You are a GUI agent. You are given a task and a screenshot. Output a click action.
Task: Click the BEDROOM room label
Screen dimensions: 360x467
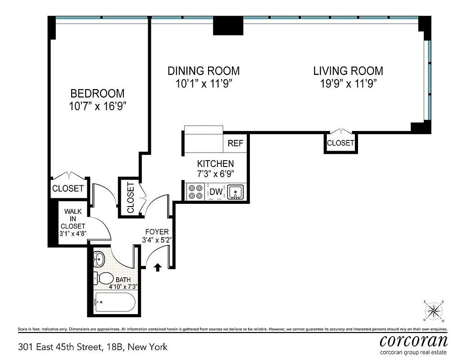coord(97,94)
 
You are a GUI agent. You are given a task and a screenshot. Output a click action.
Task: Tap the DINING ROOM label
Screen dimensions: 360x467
coord(204,71)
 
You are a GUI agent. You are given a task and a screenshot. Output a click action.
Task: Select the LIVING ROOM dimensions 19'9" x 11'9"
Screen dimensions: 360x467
coord(348,83)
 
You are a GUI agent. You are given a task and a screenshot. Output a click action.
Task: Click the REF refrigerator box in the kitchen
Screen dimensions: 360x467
coord(235,144)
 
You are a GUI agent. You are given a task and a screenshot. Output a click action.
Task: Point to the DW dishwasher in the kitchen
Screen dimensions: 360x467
coord(217,192)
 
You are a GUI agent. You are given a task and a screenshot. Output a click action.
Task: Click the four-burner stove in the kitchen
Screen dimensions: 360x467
coord(195,192)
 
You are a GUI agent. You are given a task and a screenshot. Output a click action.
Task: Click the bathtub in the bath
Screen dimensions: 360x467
coord(115,302)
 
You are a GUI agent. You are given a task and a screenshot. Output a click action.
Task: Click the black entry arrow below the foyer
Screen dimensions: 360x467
coord(158,267)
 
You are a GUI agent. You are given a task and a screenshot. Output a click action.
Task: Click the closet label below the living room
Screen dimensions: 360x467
coord(340,143)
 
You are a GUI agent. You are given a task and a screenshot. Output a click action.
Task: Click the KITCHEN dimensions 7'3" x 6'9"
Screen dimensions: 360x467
coord(215,174)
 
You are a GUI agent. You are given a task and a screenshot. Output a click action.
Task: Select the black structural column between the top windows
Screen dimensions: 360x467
coord(228,26)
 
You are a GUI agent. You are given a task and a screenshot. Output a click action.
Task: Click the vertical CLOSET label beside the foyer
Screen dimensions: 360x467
coord(131,198)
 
